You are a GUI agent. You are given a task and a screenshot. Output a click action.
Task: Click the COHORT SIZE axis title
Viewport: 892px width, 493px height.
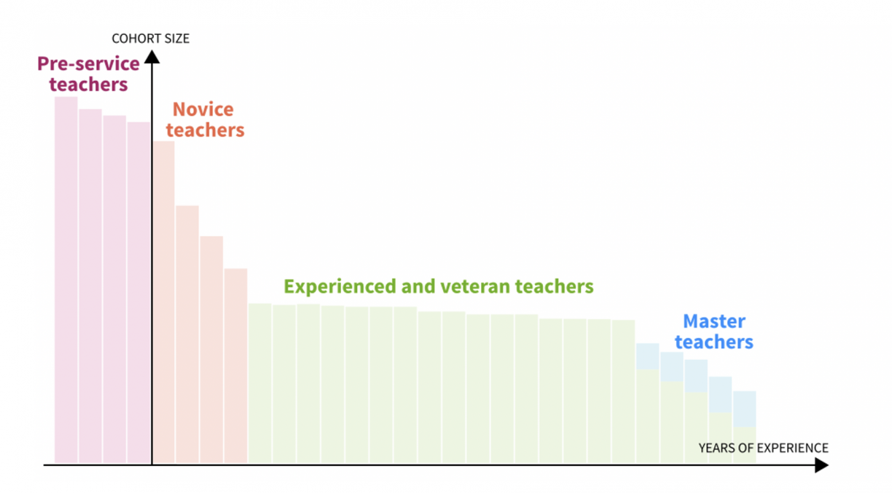tap(151, 39)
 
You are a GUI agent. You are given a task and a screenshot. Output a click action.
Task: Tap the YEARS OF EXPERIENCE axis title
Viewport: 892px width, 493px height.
tap(764, 448)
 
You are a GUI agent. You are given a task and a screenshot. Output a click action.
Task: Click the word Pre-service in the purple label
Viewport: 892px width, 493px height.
tap(88, 63)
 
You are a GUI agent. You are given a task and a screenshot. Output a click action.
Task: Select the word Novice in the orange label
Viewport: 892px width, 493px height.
tap(203, 109)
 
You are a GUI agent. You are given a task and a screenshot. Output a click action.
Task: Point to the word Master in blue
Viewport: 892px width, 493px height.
tap(714, 321)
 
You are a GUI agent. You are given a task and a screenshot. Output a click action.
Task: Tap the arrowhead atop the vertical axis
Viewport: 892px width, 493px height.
tap(152, 57)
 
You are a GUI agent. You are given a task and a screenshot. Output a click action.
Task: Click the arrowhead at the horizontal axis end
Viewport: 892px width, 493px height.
tap(821, 465)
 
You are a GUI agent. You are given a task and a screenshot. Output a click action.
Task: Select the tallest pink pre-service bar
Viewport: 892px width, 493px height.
tap(66, 280)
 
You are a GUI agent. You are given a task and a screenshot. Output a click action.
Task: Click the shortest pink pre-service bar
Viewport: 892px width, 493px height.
tap(138, 293)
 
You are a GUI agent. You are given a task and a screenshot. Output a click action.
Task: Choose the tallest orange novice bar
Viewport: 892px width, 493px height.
tap(164, 302)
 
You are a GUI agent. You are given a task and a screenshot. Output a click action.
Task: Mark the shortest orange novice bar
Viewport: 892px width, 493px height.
tap(235, 366)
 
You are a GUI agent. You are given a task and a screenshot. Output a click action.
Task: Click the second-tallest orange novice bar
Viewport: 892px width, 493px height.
tap(187, 334)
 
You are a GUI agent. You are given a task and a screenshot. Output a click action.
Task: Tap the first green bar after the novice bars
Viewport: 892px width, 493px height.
tap(260, 383)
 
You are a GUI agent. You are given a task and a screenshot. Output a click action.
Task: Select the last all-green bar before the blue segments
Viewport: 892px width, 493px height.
tap(623, 392)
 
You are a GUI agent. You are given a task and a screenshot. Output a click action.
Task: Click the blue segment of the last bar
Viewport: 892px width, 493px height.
tap(745, 409)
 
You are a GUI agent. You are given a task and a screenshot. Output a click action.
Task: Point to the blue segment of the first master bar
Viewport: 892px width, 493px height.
tap(647, 357)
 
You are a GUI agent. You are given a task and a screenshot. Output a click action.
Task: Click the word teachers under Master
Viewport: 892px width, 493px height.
tap(714, 342)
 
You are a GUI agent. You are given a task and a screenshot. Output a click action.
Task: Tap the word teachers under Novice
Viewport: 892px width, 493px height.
tap(205, 130)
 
